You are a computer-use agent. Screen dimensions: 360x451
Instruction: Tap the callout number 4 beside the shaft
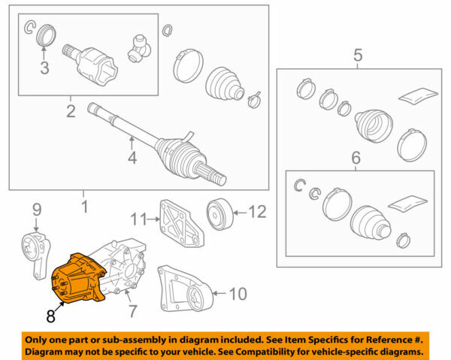tap(132, 159)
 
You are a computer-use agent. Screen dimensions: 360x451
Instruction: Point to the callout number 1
tap(83, 204)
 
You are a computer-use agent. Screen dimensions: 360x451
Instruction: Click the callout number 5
tap(358, 55)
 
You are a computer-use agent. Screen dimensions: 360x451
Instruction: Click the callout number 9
tap(35, 211)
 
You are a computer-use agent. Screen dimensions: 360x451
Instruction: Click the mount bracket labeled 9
tap(35, 250)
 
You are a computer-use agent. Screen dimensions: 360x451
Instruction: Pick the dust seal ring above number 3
tap(46, 36)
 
